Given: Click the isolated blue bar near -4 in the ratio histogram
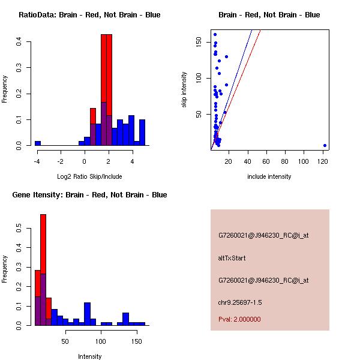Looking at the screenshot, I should pyautogui.click(x=38, y=143).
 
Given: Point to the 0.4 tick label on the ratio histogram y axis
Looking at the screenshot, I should pyautogui.click(x=19, y=41).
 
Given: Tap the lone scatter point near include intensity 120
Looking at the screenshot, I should pyautogui.click(x=325, y=145).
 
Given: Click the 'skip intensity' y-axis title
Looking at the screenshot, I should pyautogui.click(x=185, y=90).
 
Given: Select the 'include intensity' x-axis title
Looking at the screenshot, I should pyautogui.click(x=269, y=176).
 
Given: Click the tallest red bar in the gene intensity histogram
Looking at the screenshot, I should pyautogui.click(x=43, y=270).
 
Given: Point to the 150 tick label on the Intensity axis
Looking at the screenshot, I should pyautogui.click(x=136, y=341).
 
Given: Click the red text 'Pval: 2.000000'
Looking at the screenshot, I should pyautogui.click(x=239, y=319).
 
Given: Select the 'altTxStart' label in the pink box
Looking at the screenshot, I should pyautogui.click(x=232, y=258).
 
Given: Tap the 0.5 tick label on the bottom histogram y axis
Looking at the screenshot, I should pyautogui.click(x=19, y=229).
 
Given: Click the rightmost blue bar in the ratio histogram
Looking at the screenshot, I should pyautogui.click(x=142, y=133).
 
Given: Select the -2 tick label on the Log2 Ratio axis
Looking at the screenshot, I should pyautogui.click(x=61, y=161).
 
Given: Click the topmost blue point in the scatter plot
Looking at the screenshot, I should pyautogui.click(x=215, y=34).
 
